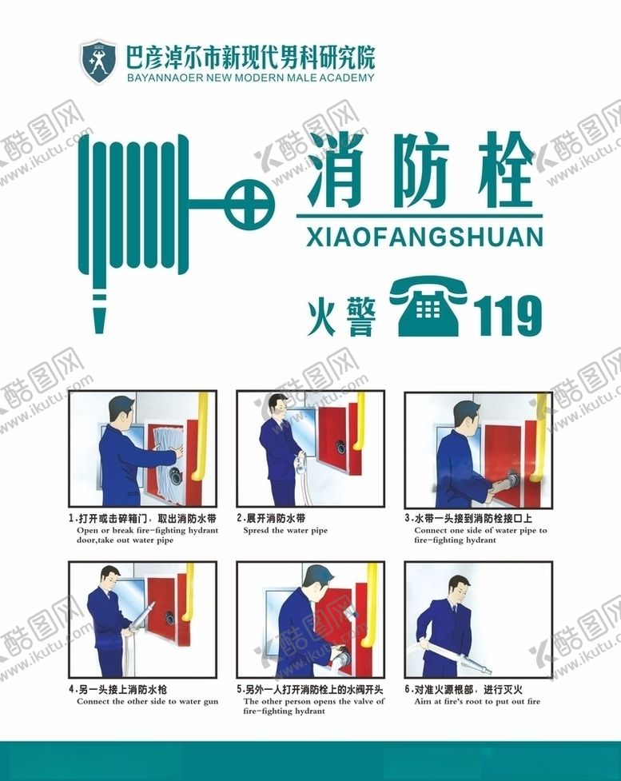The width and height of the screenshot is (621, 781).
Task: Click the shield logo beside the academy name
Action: [98, 62]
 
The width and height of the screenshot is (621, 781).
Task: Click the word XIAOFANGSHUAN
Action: [424, 237]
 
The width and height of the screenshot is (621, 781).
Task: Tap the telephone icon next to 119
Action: [428, 307]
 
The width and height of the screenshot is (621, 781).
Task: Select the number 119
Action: [507, 315]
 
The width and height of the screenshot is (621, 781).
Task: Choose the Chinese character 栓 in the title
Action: [505, 169]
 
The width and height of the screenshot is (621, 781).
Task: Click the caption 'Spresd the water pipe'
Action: [285, 531]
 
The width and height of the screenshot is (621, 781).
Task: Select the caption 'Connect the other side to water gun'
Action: [147, 701]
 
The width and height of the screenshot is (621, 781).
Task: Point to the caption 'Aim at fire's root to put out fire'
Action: [477, 701]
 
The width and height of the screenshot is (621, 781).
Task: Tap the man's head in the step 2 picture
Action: [277, 407]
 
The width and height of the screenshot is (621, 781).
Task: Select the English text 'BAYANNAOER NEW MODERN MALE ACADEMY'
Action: [250, 78]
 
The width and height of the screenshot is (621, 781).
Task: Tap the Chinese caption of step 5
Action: [310, 690]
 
